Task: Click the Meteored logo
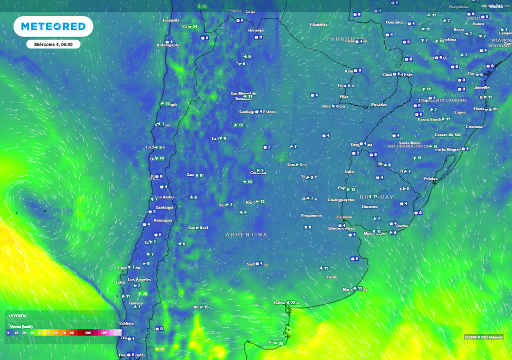(53, 26)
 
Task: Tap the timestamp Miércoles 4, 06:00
(53, 44)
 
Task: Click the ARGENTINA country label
(246, 234)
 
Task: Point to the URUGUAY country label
(376, 197)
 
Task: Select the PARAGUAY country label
(345, 39)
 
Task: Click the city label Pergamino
(311, 215)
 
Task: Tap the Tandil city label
(331, 277)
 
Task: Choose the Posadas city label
(379, 104)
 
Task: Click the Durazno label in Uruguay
(369, 206)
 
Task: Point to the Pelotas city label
(430, 178)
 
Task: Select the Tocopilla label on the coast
(170, 20)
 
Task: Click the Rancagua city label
(163, 220)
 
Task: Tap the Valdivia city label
(126, 323)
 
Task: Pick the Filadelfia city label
(318, 24)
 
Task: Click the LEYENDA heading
(17, 315)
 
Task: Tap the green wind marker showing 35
(159, 349)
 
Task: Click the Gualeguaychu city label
(341, 200)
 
